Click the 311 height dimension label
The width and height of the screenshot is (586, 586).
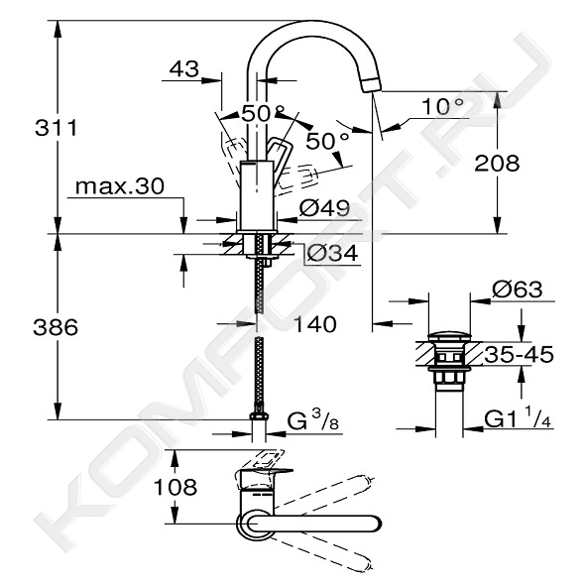point(56,128)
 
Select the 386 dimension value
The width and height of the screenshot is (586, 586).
point(56,327)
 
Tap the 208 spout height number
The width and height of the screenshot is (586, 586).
point(497,163)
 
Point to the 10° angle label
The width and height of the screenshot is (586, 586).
point(442,106)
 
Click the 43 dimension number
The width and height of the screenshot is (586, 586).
point(183,68)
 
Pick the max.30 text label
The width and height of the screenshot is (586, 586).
point(120,185)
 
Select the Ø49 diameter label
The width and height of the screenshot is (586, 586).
point(324,208)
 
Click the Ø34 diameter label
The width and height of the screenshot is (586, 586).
point(332,254)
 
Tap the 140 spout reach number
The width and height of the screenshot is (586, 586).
point(315,324)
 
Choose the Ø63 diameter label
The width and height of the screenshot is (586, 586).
point(517,290)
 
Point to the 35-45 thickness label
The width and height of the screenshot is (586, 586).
point(520,354)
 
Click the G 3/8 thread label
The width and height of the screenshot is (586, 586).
point(312,420)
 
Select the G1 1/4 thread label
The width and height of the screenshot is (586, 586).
point(518,419)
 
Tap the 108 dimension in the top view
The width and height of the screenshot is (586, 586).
point(176,487)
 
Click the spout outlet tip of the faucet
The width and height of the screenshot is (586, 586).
point(371,85)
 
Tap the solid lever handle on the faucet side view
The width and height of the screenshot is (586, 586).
point(278,151)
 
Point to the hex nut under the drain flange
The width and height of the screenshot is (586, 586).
point(449,377)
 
